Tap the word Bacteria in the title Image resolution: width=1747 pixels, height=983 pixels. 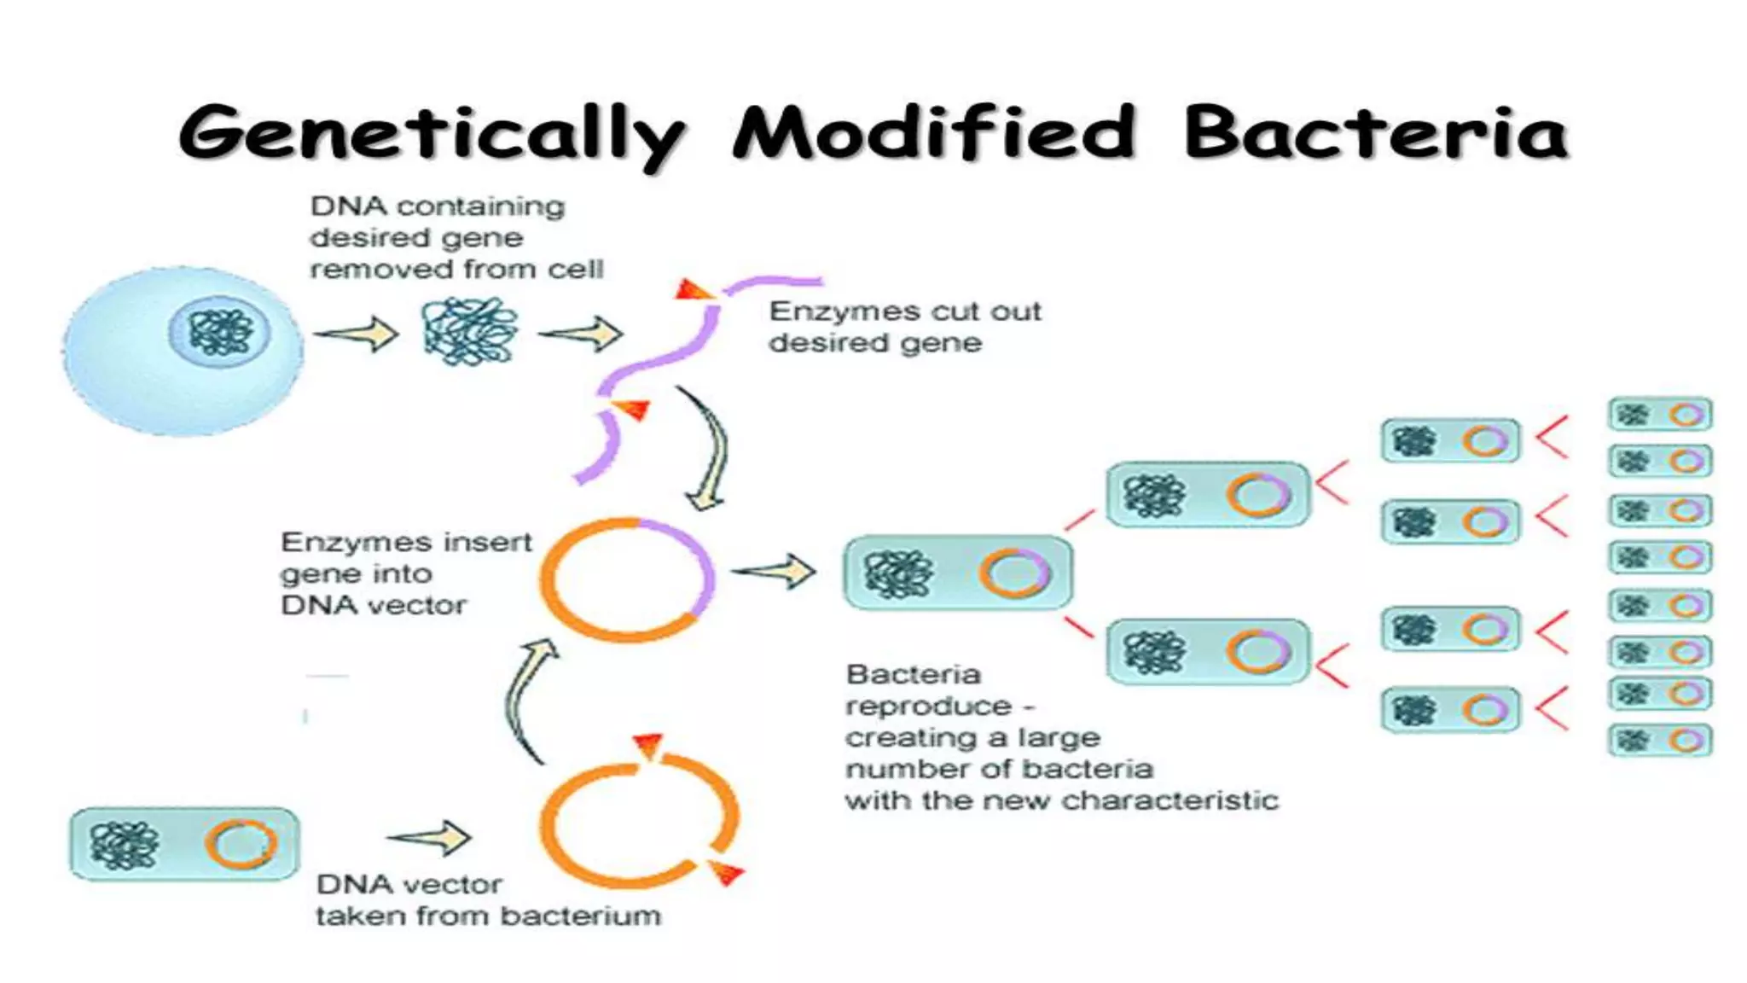coord(1375,132)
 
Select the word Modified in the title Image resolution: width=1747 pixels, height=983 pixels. coord(934,132)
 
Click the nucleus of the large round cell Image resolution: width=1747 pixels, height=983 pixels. coord(220,331)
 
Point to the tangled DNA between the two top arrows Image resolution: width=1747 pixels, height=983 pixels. coord(470,332)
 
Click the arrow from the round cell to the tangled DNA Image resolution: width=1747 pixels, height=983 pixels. coord(357,334)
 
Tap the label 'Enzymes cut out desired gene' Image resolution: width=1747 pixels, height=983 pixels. coord(904,327)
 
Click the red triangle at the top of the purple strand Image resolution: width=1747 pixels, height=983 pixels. coord(692,290)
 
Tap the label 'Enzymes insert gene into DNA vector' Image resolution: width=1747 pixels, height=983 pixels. coord(405,573)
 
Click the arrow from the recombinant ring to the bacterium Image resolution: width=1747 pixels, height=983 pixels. coord(774,572)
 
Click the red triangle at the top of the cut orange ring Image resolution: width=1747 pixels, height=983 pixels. coord(648,745)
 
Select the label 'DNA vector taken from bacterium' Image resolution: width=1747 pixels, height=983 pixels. coord(488,900)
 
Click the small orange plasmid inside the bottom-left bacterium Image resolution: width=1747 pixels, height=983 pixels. coord(241,844)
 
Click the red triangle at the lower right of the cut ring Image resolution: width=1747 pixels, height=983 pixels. coord(727,872)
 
